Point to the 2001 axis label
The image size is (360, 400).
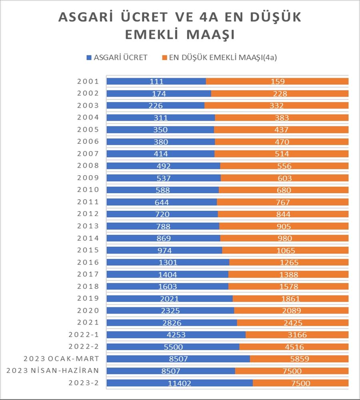88,82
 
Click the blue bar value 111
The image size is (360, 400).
156,82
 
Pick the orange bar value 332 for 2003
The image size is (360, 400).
277,106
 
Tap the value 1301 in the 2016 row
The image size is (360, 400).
168,263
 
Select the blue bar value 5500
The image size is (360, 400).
173,347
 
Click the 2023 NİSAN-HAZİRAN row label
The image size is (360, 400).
53,371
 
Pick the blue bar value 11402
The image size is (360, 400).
180,383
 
